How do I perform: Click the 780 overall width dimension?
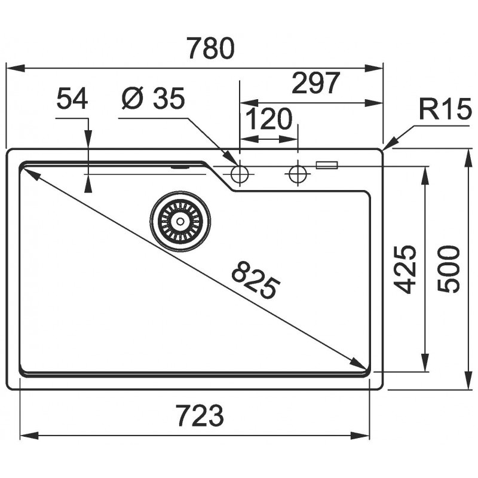(x=211, y=48)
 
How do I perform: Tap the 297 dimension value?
(x=315, y=82)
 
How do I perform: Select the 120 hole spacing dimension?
(x=269, y=118)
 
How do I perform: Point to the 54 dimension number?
(x=72, y=98)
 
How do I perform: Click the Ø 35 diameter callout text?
(x=153, y=98)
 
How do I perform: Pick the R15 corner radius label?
(x=445, y=109)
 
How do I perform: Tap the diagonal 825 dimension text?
(x=256, y=279)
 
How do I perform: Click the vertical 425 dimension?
(x=405, y=269)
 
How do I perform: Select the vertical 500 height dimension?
(x=448, y=270)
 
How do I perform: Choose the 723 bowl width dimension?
(x=200, y=415)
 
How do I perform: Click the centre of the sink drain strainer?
(x=180, y=221)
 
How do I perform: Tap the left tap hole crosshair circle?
(x=240, y=174)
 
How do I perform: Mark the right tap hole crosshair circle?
(x=298, y=174)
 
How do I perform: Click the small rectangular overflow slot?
(x=327, y=165)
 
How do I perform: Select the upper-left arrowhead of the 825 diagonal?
(x=29, y=174)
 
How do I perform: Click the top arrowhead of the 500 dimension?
(x=469, y=158)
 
